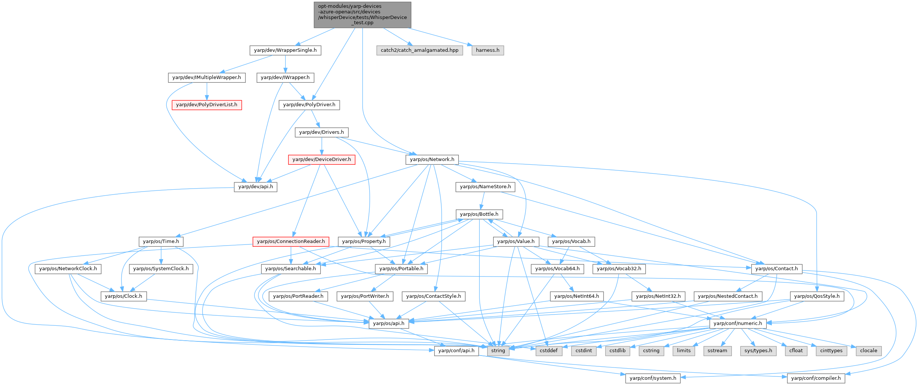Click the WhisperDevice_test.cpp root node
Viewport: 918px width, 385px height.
(x=362, y=15)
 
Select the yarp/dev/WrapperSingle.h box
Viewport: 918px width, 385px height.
(x=285, y=50)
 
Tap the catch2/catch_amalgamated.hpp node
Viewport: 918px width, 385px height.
(x=419, y=50)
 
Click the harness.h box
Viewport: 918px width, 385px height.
(x=487, y=50)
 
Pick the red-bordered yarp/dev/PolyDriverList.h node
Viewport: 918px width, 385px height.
(x=206, y=105)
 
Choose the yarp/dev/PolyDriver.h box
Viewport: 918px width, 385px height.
(x=309, y=105)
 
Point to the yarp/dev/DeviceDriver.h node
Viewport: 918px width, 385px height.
(x=322, y=160)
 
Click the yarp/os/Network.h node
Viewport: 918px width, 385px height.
(x=432, y=160)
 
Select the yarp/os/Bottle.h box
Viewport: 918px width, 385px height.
(x=479, y=214)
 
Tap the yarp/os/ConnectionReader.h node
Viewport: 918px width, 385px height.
(x=291, y=242)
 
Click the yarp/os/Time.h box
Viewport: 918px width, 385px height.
(x=161, y=242)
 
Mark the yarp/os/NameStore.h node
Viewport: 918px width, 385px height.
(x=485, y=187)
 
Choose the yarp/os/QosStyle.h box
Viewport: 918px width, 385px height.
(x=817, y=296)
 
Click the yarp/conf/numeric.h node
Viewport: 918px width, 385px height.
(x=737, y=324)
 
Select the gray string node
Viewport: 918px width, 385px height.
(x=498, y=351)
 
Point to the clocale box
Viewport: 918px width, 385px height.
(x=868, y=351)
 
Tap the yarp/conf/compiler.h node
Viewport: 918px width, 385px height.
(x=816, y=378)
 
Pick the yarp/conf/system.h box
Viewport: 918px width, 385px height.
(x=652, y=378)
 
